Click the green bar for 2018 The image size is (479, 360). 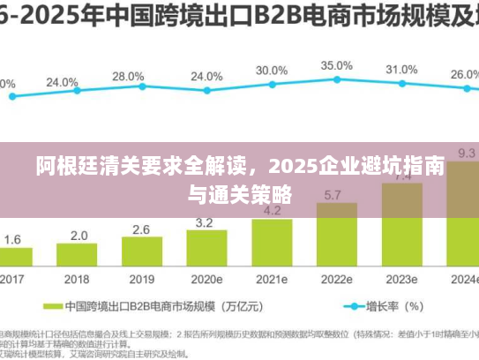click(79, 256)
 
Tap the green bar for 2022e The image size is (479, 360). click(336, 234)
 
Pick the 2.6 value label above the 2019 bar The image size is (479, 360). click(141, 229)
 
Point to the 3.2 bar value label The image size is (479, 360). click(206, 221)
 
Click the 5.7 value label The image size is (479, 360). click(333, 194)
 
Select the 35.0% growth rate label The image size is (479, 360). click(336, 65)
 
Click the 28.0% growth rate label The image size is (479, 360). click(129, 77)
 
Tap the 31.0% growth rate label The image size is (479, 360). click(401, 70)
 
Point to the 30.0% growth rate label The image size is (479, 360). click(272, 70)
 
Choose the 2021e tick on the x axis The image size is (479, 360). click(271, 279)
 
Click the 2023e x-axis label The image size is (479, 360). click(401, 279)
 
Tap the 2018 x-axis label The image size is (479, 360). click(79, 279)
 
